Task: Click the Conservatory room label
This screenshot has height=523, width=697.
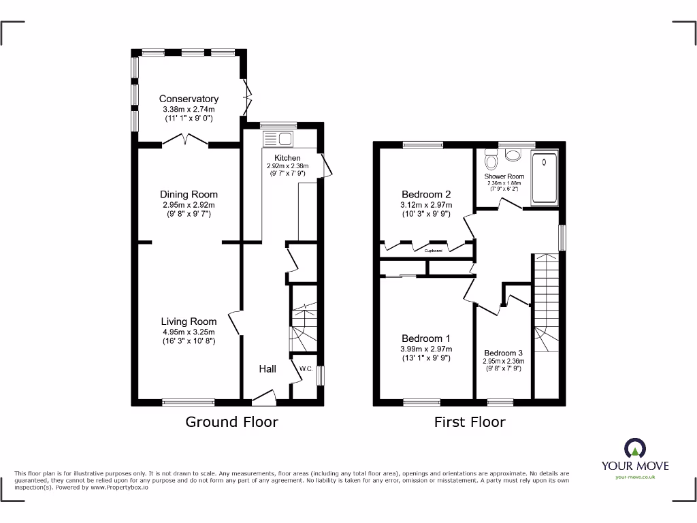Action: pyautogui.click(x=189, y=99)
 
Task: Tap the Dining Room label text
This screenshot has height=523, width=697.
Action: pyautogui.click(x=189, y=195)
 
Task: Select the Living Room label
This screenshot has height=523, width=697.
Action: pyautogui.click(x=189, y=321)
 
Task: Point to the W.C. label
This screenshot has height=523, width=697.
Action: pyautogui.click(x=306, y=369)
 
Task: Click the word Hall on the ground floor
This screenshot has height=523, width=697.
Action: pyautogui.click(x=268, y=369)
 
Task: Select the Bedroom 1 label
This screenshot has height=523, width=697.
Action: pyautogui.click(x=426, y=338)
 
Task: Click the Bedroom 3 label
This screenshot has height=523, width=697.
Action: pyautogui.click(x=504, y=353)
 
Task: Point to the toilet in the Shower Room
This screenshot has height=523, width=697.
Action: pyautogui.click(x=491, y=161)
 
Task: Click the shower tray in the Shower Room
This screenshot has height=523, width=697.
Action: pyautogui.click(x=545, y=179)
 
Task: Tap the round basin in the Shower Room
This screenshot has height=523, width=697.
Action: pyautogui.click(x=513, y=155)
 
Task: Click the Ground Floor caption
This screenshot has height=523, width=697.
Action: pyautogui.click(x=231, y=422)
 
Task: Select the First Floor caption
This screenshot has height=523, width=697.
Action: pyautogui.click(x=470, y=422)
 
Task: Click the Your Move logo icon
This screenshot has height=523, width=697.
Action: pyautogui.click(x=634, y=448)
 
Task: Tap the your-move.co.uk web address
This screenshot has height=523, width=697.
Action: pyautogui.click(x=634, y=477)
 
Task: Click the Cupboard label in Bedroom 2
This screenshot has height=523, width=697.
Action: pyautogui.click(x=434, y=251)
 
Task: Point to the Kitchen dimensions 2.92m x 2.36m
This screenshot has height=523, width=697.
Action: pyautogui.click(x=287, y=166)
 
